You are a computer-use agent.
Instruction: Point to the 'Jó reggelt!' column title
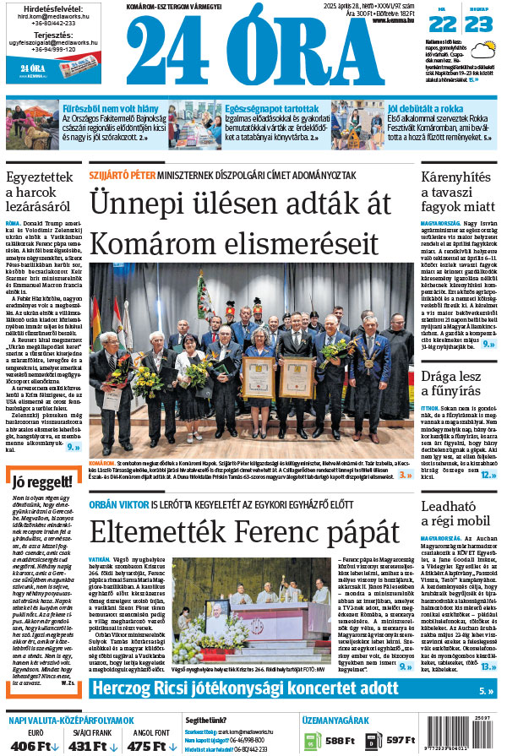38,483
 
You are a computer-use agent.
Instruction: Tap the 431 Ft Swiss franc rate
88,745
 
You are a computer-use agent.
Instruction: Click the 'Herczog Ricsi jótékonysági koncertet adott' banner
245,688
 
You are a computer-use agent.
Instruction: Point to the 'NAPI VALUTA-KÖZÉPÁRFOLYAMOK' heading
72,720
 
